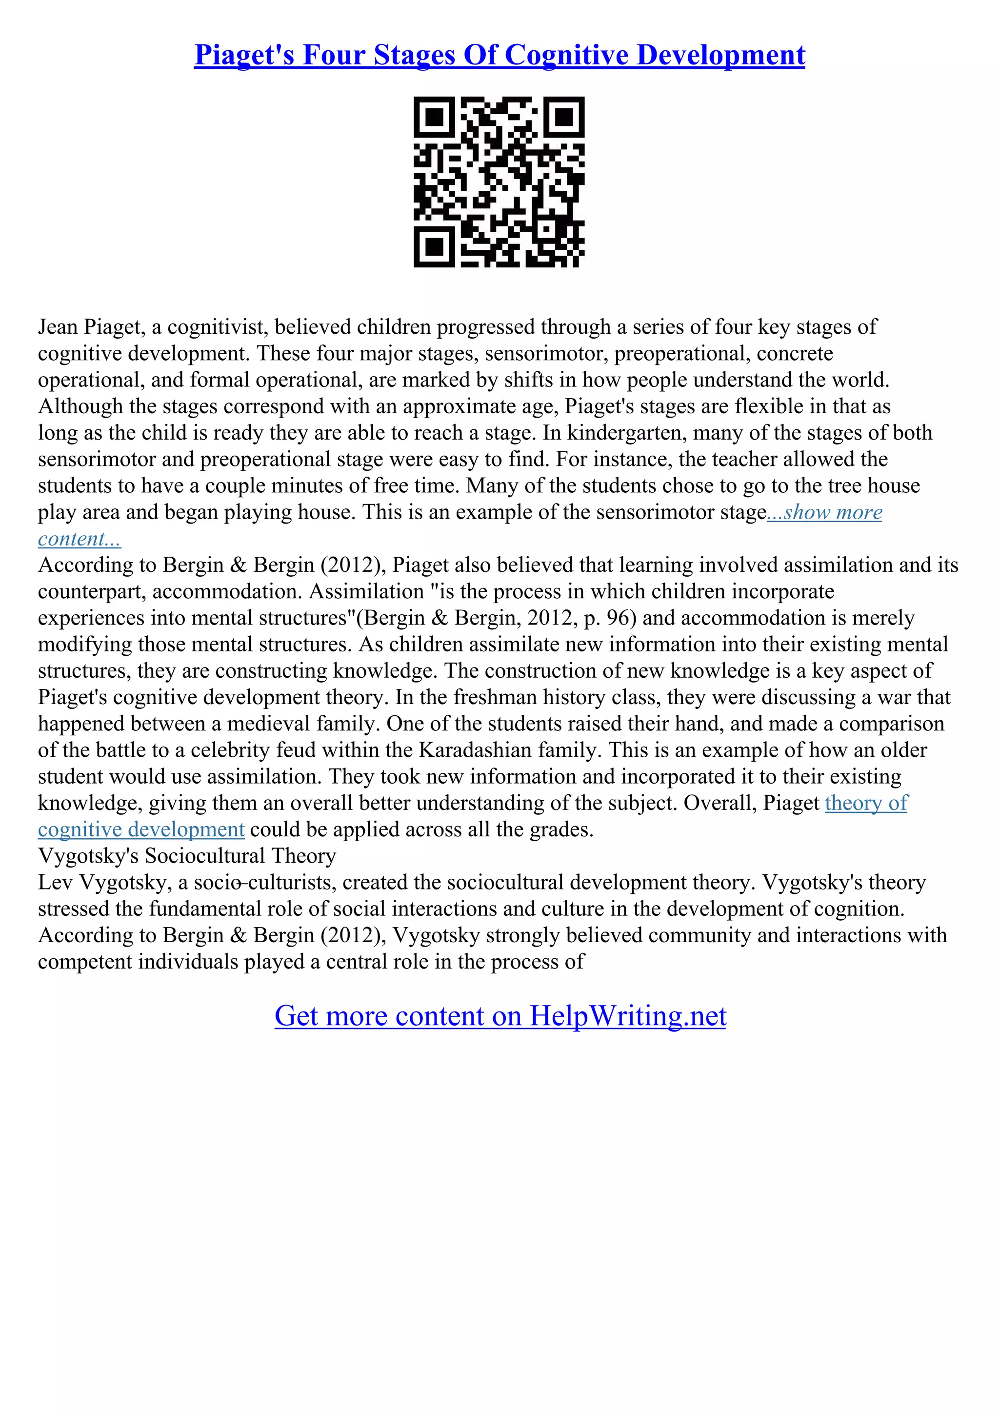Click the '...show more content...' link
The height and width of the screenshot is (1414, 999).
coord(825,512)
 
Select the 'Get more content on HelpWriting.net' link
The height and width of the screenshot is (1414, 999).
coord(500,1015)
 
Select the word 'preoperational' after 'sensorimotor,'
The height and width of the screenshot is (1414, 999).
coord(682,353)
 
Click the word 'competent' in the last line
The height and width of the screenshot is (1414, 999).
coord(85,962)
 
